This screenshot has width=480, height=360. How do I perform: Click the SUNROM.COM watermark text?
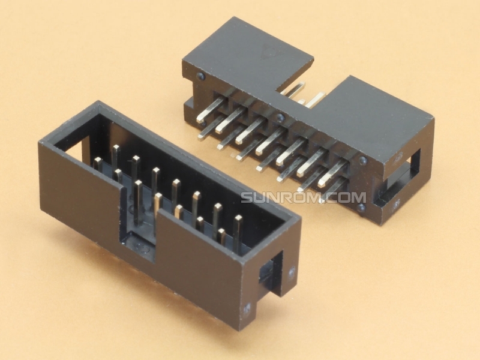303,197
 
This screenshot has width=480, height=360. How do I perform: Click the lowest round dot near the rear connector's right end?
361,208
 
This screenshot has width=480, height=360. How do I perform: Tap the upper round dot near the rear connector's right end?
362,161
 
